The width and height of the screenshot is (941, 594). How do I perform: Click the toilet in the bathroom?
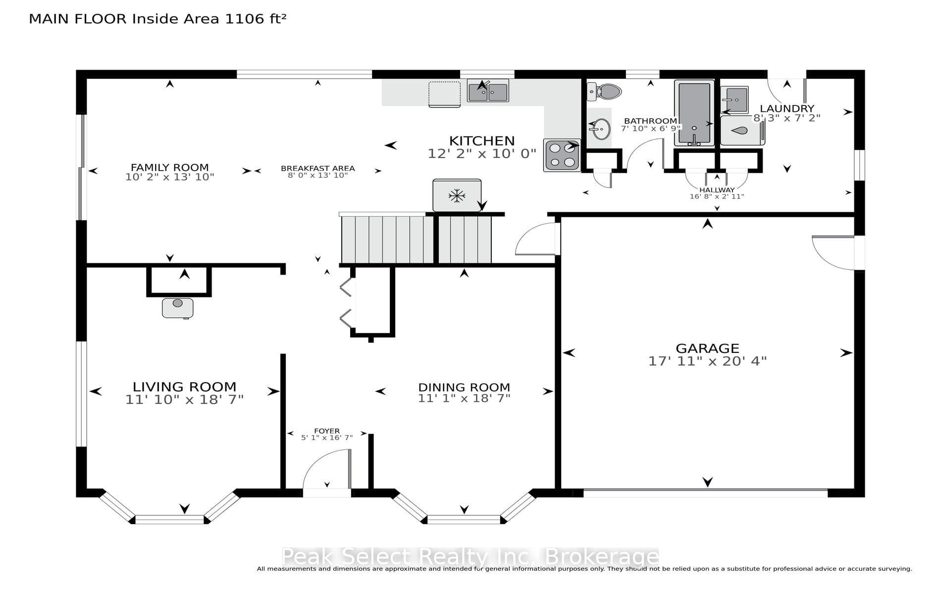tap(605, 91)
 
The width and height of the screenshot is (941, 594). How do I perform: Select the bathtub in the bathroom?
tap(694, 113)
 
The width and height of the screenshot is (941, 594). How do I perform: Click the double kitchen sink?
tap(488, 91)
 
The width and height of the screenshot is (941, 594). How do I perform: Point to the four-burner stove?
tap(562, 155)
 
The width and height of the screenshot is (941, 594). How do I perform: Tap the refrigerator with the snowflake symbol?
tap(457, 196)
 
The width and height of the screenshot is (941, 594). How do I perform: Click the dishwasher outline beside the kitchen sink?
tap(445, 94)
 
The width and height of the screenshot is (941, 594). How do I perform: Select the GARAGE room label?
tap(707, 348)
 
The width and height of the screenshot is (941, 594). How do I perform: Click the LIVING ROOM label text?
tap(184, 387)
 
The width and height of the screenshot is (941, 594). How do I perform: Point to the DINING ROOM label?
tap(464, 387)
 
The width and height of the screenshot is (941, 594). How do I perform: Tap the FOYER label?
tap(327, 431)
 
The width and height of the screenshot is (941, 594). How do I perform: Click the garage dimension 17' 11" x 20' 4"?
tap(707, 361)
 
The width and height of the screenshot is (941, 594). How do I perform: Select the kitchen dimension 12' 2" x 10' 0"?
tap(482, 153)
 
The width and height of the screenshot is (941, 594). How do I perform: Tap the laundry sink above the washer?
tap(734, 100)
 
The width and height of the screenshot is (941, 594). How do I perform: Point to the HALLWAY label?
tap(717, 190)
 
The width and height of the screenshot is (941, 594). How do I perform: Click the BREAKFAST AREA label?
tap(318, 168)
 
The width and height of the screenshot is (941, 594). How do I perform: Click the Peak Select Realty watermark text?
tap(470, 557)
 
